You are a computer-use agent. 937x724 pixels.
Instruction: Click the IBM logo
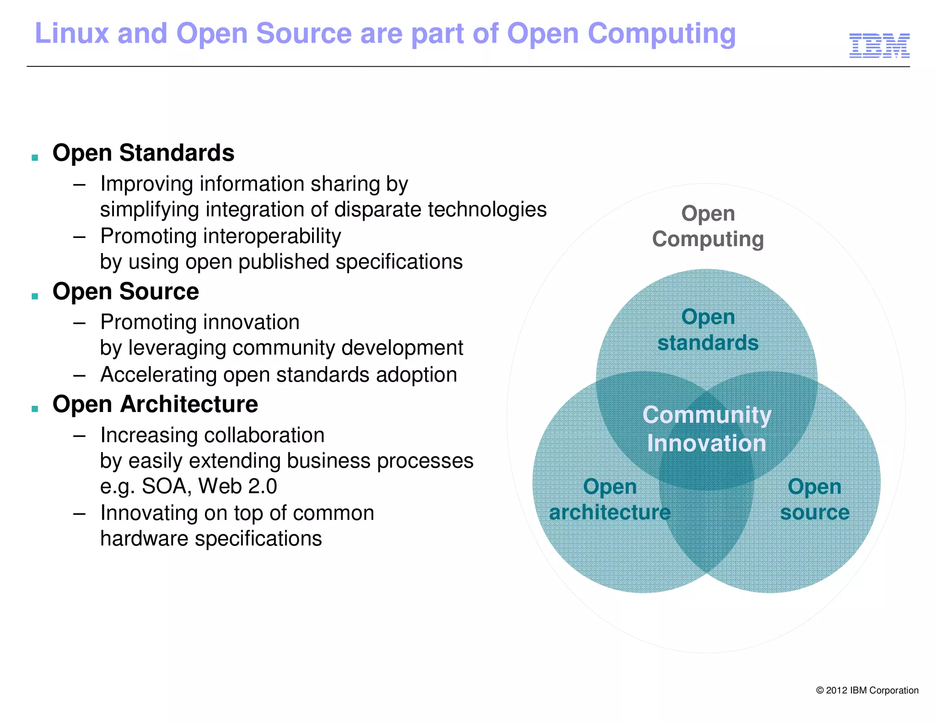pyautogui.click(x=879, y=46)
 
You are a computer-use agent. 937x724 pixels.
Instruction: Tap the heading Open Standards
pyautogui.click(x=143, y=153)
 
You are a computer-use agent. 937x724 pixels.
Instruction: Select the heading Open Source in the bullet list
pyautogui.click(x=125, y=292)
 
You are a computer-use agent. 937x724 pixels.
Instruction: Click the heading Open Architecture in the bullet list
pyautogui.click(x=155, y=405)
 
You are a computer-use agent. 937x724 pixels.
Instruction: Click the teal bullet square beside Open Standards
pyautogui.click(x=35, y=158)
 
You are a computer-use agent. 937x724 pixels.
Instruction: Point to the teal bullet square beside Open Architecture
pyautogui.click(x=35, y=409)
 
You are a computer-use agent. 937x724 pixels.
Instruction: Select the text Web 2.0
pyautogui.click(x=237, y=486)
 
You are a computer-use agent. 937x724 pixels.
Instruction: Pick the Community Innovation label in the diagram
pyautogui.click(x=706, y=429)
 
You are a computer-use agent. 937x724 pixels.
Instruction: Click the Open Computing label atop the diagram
pyautogui.click(x=708, y=227)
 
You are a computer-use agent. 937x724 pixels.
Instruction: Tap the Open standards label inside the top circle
pyautogui.click(x=708, y=330)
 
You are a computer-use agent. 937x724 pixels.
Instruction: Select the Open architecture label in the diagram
pyautogui.click(x=609, y=499)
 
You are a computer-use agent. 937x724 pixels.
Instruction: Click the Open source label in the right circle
pyautogui.click(x=814, y=499)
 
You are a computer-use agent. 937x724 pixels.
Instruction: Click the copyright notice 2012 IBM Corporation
pyautogui.click(x=867, y=690)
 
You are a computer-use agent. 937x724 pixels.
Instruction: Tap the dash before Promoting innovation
pyautogui.click(x=80, y=323)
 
